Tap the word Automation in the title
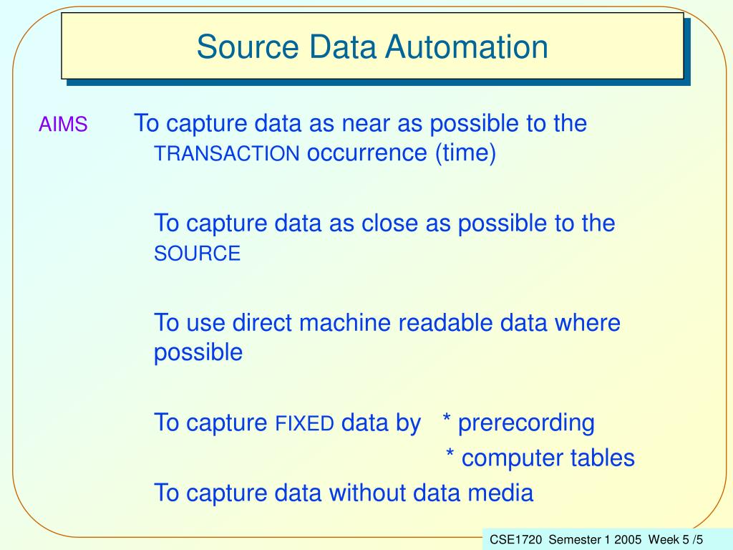466,47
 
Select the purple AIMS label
63,125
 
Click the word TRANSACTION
227,154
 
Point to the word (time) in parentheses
464,153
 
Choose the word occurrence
366,153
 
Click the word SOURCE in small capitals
198,254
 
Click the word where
587,323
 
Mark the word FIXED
305,424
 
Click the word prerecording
526,423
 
